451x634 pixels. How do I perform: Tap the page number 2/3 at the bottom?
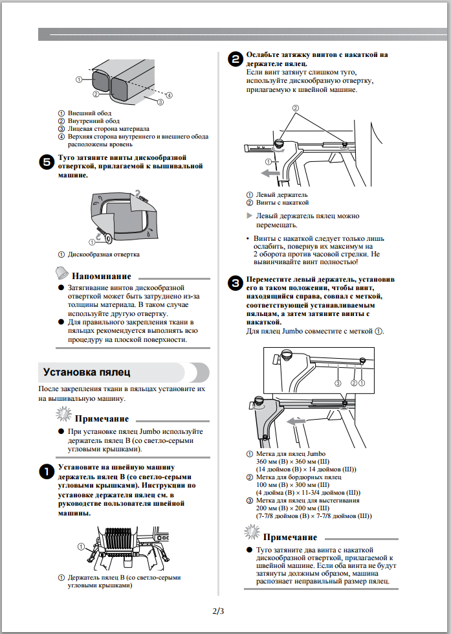(218, 611)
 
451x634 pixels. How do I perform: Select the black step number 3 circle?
(235, 282)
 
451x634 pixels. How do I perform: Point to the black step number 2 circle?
(235, 59)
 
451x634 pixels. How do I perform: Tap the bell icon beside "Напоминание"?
(61, 271)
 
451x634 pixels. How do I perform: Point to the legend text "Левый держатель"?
(281, 194)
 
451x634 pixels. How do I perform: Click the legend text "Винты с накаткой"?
(282, 203)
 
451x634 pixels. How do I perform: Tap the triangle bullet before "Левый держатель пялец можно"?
(249, 216)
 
